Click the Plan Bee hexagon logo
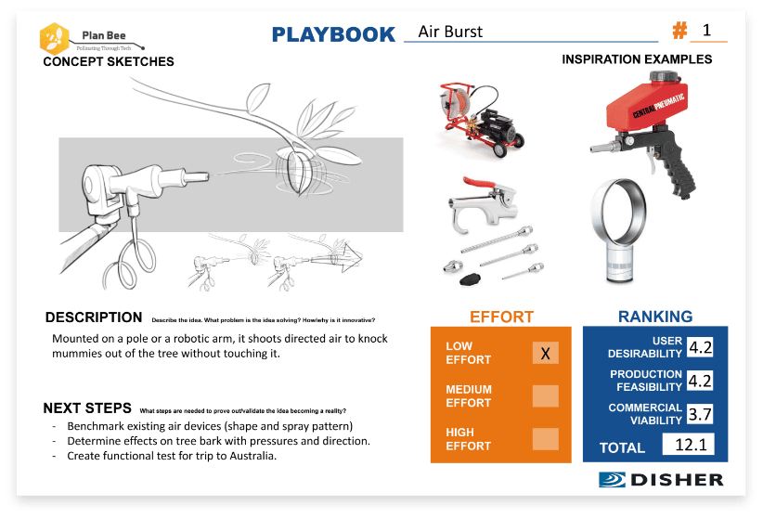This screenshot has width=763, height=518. pyautogui.click(x=54, y=38)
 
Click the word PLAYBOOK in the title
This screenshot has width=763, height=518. pyautogui.click(x=333, y=34)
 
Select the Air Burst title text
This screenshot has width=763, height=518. pyautogui.click(x=450, y=32)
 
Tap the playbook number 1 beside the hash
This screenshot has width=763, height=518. pyautogui.click(x=707, y=31)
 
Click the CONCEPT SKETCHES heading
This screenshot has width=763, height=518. pyautogui.click(x=108, y=62)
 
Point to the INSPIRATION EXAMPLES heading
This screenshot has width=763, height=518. pyautogui.click(x=637, y=59)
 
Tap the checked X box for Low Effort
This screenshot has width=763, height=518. pyautogui.click(x=546, y=354)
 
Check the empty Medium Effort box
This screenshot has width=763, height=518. pyautogui.click(x=546, y=396)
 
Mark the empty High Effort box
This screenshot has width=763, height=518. pyautogui.click(x=546, y=439)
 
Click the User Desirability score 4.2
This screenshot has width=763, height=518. pyautogui.click(x=701, y=348)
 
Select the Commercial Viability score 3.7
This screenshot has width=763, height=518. pyautogui.click(x=701, y=415)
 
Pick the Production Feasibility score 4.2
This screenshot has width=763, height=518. pyautogui.click(x=701, y=382)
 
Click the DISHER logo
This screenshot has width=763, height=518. pyautogui.click(x=660, y=480)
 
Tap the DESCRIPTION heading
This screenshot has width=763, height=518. pyautogui.click(x=94, y=317)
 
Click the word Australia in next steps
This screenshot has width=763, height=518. pyautogui.click(x=251, y=456)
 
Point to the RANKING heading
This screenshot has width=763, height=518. pyautogui.click(x=655, y=317)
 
